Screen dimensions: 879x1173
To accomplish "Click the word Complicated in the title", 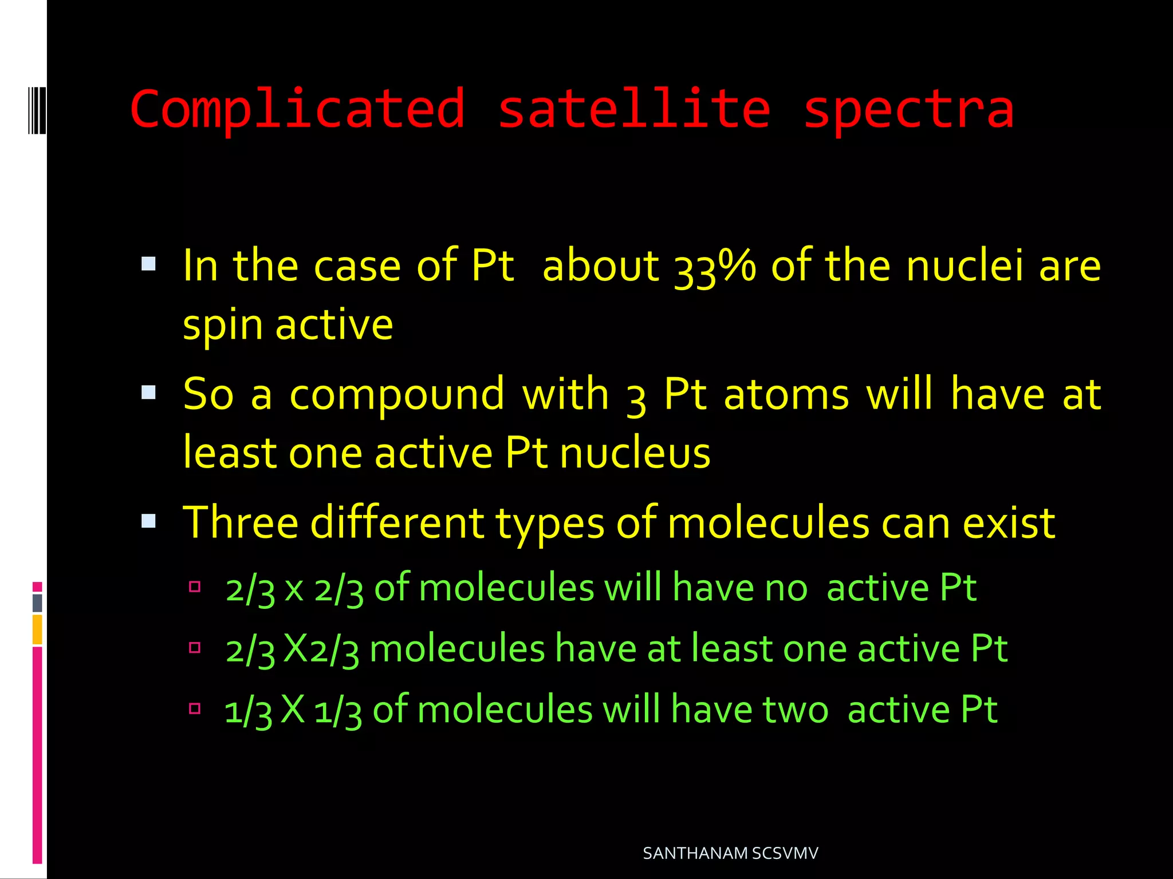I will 297,110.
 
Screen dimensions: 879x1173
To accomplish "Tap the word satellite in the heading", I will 633,109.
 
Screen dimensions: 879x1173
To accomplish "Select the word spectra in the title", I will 908,110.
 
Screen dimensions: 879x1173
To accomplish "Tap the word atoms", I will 786,395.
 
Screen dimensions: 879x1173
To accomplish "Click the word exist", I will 1009,523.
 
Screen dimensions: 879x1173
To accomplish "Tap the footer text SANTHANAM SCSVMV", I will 730,853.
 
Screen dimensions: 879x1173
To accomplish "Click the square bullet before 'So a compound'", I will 148,393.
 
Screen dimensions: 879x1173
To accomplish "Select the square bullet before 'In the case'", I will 148,264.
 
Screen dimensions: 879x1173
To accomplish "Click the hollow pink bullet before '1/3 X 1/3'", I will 195,708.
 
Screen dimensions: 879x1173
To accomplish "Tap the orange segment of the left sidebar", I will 37,629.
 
